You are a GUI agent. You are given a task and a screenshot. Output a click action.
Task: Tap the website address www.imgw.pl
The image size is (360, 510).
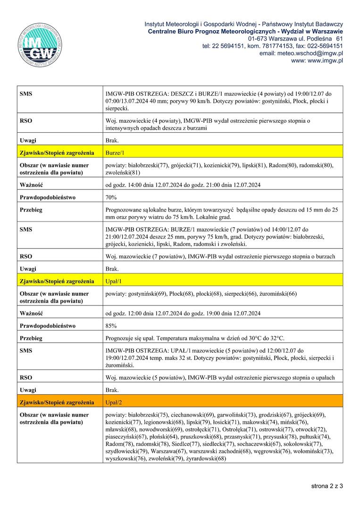click(317, 60)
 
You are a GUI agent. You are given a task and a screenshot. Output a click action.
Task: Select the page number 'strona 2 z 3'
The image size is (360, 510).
click(327, 485)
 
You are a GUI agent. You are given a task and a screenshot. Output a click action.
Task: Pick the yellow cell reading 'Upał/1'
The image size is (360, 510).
click(114, 281)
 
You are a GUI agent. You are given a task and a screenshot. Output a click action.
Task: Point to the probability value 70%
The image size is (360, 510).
click(111, 197)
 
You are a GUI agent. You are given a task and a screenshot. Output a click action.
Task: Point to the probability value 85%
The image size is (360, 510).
click(111, 326)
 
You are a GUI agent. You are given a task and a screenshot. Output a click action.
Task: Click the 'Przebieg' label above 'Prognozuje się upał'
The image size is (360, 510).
click(31, 338)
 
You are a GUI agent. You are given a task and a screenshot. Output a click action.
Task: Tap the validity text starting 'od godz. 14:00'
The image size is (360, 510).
click(183, 185)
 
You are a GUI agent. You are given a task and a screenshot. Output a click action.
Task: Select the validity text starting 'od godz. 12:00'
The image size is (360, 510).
click(183, 313)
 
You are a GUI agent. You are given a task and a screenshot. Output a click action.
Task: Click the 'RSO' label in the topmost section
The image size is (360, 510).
click(26, 121)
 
